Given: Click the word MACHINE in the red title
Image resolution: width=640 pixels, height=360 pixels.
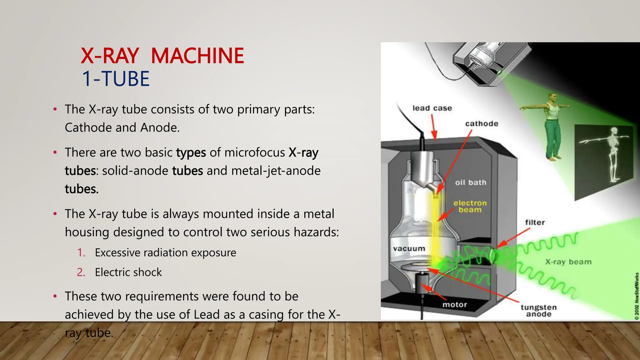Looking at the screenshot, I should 197,56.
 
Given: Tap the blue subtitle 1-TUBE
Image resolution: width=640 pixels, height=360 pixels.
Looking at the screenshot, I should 116,78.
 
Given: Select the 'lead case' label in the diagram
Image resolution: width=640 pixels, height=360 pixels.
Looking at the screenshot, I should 432,108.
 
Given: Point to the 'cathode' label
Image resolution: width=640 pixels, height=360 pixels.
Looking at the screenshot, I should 482,124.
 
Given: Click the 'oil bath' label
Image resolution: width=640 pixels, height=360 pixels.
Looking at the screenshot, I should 471,182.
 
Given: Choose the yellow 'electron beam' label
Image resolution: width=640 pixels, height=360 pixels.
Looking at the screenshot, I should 470,206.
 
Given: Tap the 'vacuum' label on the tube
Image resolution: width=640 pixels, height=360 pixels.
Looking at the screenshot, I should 409,249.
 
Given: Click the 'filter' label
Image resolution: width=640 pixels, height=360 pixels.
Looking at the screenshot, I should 535,222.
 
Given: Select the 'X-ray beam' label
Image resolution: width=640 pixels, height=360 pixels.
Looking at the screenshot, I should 568,262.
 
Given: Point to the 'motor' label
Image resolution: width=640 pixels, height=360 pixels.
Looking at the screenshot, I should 454,305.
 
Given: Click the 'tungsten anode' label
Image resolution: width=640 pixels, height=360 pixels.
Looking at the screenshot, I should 538,311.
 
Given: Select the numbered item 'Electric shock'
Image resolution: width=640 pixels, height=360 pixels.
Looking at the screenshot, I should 128,272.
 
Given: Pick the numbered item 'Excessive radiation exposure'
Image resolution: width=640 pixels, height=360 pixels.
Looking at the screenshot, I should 165,252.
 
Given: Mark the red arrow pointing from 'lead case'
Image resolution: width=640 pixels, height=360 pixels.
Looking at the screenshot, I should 434,127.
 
